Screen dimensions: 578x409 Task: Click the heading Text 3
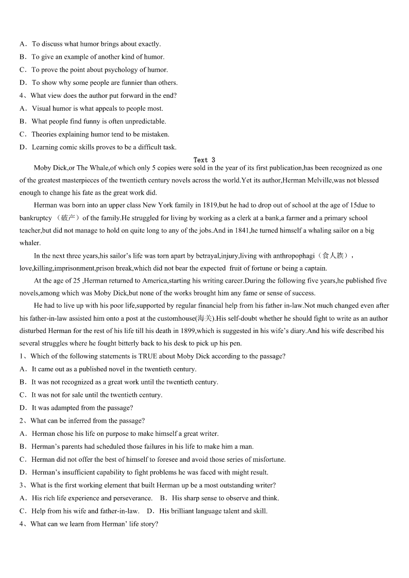(x=204, y=160)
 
